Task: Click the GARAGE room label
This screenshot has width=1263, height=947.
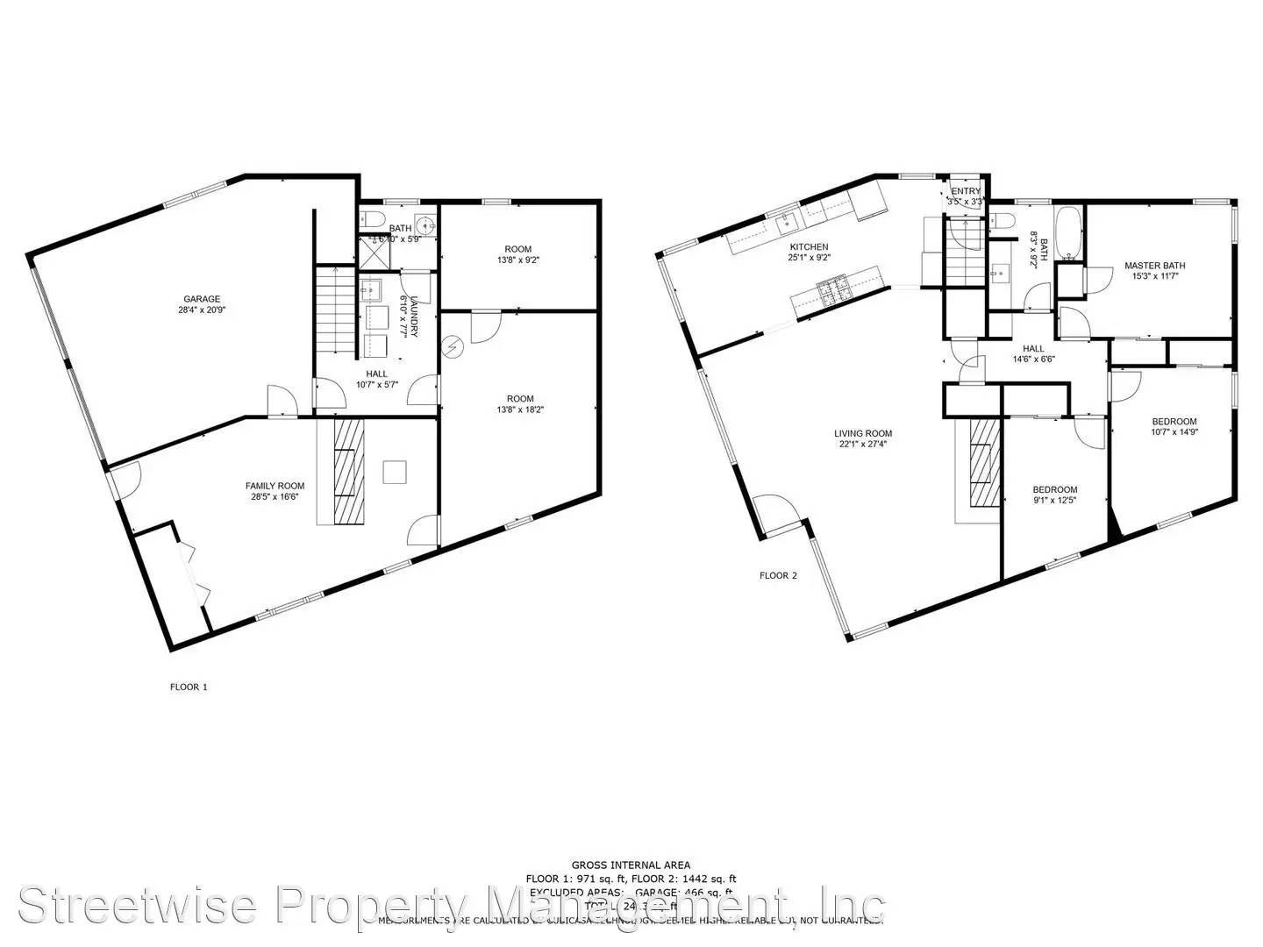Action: click(202, 299)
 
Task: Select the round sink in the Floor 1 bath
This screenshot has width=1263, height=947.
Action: click(425, 223)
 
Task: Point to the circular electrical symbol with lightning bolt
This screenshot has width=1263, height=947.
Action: click(453, 348)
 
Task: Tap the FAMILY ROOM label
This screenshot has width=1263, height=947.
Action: click(275, 486)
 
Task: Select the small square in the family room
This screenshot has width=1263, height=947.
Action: click(395, 472)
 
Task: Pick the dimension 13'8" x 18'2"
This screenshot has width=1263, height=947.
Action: click(520, 409)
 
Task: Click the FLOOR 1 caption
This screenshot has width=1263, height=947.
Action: click(189, 687)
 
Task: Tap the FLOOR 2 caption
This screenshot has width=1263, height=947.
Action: click(778, 576)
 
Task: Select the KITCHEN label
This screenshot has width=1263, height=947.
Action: click(809, 247)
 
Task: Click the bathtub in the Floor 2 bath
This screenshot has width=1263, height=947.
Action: click(1067, 232)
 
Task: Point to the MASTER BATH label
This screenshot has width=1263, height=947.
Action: click(1155, 266)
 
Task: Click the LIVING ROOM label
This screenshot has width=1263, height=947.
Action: click(863, 433)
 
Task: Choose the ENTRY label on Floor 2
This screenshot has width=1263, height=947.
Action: click(966, 191)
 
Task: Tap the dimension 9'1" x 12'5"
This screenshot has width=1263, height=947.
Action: click(1054, 501)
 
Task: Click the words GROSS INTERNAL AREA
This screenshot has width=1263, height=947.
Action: click(631, 865)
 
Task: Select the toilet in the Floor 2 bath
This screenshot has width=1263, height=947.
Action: click(1006, 220)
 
